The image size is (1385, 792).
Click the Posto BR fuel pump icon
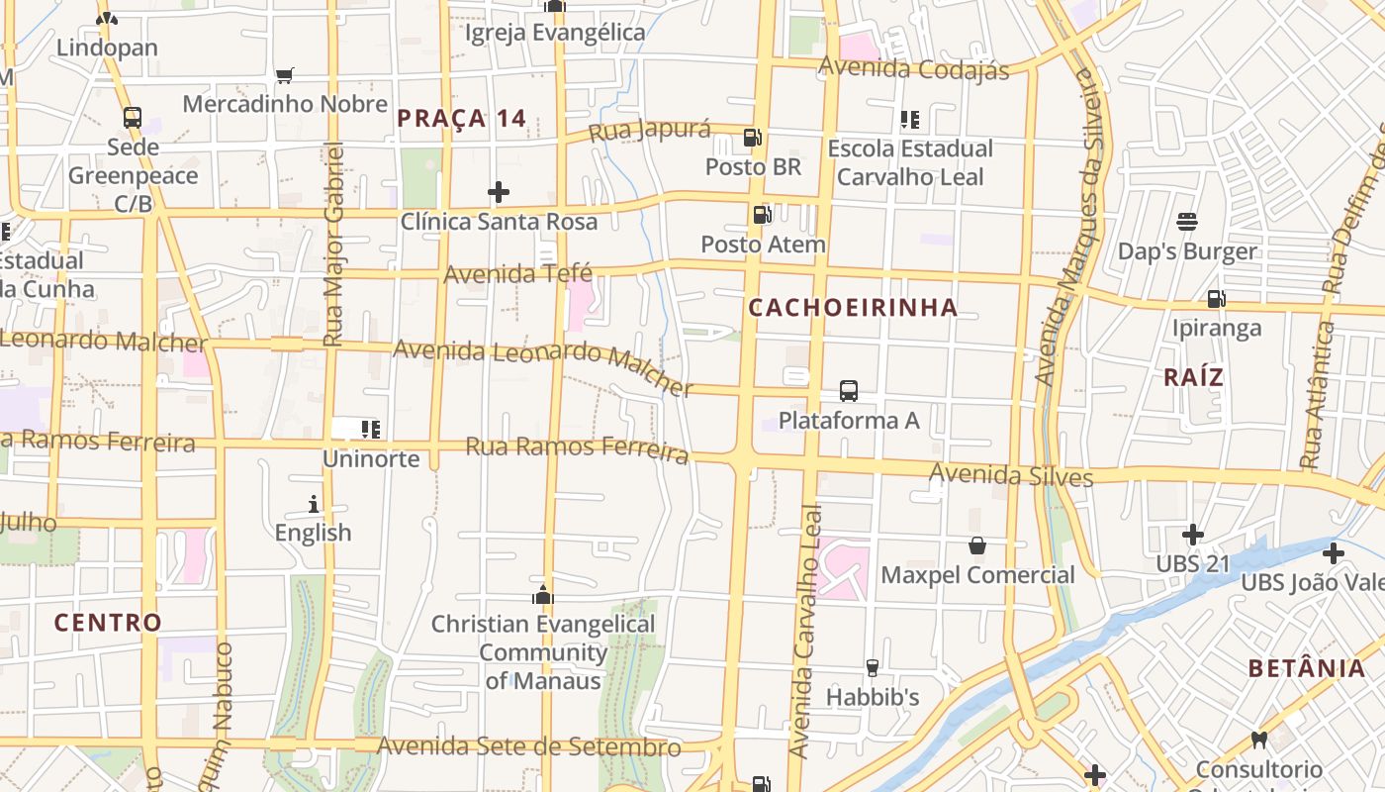coord(753,138)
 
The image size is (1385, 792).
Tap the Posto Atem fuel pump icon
coord(762,214)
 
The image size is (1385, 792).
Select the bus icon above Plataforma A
coord(849,390)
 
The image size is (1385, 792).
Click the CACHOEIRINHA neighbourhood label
coord(853,308)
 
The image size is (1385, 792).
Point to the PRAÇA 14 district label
coord(462,119)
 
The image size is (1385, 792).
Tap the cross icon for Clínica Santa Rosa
coord(499,191)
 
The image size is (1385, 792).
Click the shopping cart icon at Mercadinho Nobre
coord(285,75)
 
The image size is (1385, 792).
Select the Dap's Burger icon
coord(1187,222)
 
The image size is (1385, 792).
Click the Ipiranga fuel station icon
coord(1216,298)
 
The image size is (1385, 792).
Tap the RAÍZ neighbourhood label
coord(1193,377)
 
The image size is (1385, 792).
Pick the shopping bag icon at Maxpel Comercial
coord(977,545)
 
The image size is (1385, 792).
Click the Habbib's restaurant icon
coord(873,668)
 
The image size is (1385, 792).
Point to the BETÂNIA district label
coord(1306,668)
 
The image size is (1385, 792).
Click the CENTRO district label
coord(108,623)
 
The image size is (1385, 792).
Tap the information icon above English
coord(314,504)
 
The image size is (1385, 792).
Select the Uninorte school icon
coord(371,430)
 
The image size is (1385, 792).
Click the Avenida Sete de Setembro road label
coord(529,745)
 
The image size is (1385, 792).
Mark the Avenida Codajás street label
coord(914,68)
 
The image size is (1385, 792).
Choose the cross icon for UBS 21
coord(1193,535)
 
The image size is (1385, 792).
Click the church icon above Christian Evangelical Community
coord(542,595)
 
